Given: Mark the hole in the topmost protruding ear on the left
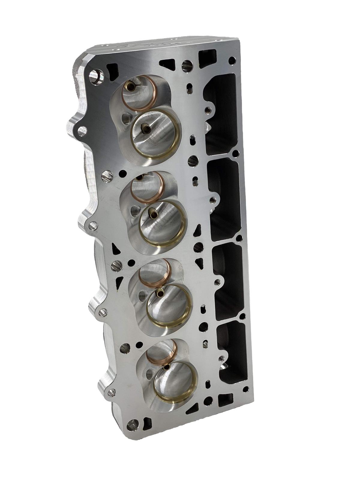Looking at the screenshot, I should tap(81, 130).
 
